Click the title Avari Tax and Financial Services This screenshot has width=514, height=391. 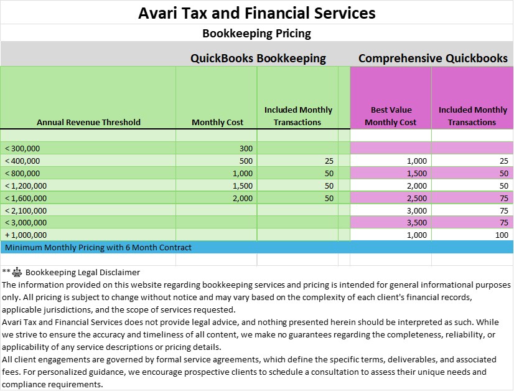256,12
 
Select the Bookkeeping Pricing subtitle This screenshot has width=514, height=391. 256,33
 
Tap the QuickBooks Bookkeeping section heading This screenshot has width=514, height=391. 258,59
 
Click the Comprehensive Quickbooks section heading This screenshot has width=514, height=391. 432,59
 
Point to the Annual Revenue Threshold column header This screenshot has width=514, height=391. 88,122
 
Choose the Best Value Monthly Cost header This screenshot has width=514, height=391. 391,116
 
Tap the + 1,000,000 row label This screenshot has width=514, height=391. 26,235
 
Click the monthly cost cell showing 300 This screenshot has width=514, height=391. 246,148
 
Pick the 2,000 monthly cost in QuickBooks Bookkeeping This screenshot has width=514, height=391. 243,198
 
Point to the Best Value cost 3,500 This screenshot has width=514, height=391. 417,222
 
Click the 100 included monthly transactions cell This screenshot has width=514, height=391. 501,235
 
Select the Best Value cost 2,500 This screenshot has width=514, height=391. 417,198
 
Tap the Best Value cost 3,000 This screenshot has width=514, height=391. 417,210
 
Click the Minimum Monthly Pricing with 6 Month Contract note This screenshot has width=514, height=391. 98,247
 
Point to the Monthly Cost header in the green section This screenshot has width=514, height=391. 217,122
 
